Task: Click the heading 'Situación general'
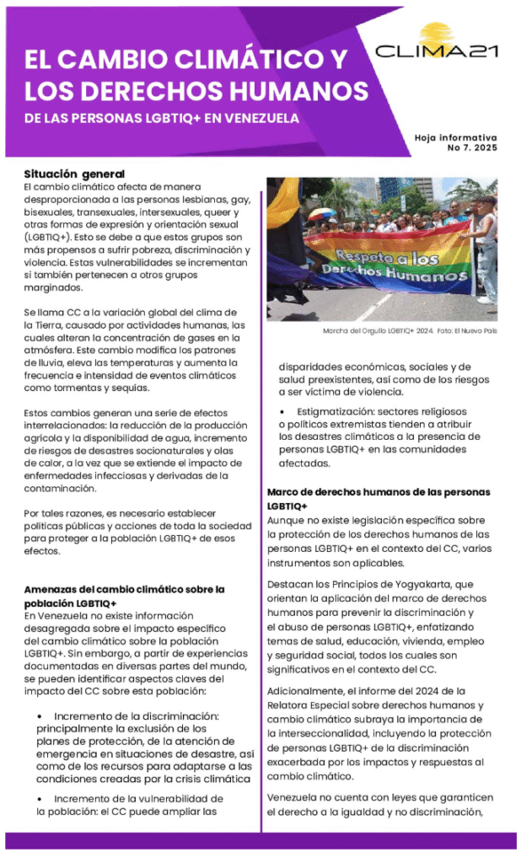74,173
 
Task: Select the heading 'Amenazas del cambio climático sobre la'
123,589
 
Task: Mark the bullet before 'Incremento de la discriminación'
40,716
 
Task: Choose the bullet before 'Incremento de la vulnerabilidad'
40,798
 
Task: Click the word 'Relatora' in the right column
292,705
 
